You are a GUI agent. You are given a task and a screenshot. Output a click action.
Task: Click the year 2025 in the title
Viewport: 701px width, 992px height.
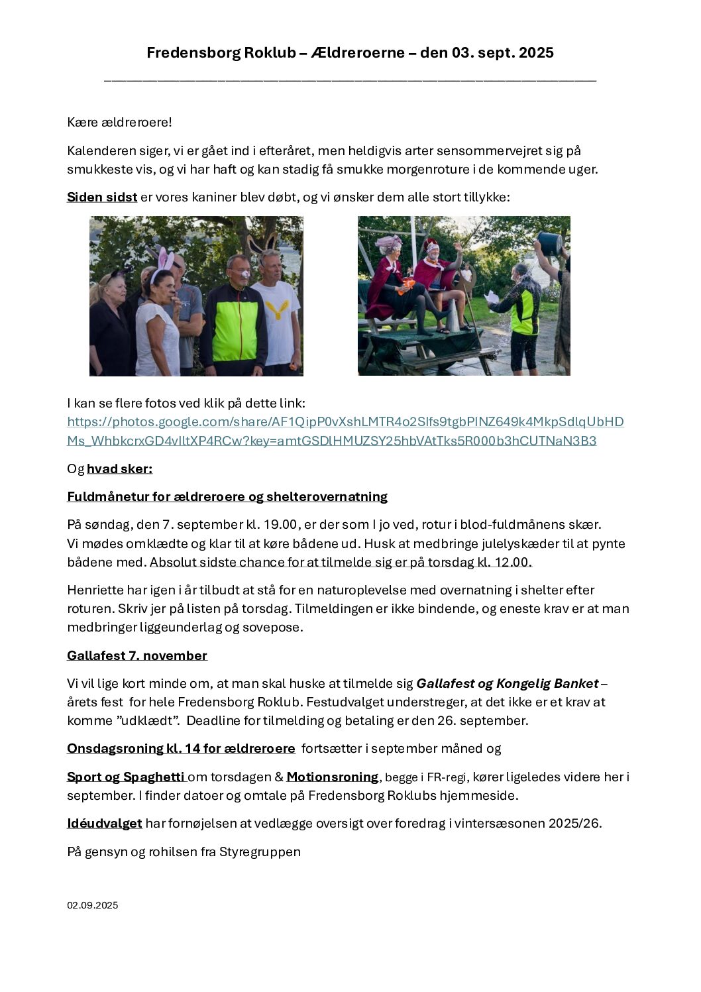536,53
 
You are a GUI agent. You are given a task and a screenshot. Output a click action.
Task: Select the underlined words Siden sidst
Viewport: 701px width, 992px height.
102,197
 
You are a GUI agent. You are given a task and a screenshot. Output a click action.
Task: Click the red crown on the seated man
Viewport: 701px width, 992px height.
431,245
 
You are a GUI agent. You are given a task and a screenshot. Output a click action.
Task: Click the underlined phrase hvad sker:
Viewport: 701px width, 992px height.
119,469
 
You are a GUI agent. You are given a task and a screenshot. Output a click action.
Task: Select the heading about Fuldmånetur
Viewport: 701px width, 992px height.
227,497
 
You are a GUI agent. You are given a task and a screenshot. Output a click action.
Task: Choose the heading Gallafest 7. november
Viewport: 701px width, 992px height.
137,656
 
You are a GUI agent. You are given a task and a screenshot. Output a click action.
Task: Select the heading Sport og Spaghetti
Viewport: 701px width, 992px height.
126,777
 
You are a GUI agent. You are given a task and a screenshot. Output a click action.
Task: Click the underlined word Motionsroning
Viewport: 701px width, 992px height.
333,777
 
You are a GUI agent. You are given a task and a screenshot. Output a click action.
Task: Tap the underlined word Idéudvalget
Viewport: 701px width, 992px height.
105,824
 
